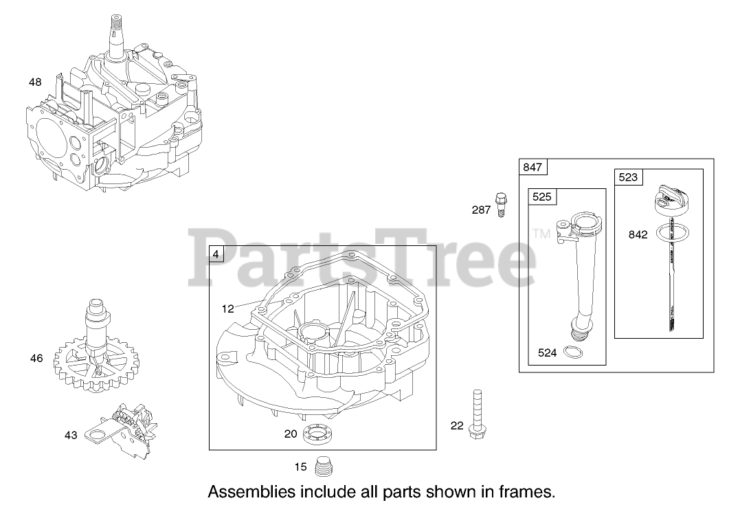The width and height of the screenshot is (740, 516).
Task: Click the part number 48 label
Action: click(x=35, y=82)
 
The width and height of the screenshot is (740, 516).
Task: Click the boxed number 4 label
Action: click(x=216, y=254)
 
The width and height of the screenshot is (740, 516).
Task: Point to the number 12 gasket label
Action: click(x=228, y=309)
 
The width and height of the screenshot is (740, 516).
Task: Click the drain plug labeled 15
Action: click(x=322, y=467)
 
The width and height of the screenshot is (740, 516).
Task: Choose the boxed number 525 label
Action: click(x=541, y=197)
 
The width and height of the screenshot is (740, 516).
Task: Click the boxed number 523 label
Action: click(x=628, y=177)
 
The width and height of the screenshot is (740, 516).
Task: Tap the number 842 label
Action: click(x=638, y=234)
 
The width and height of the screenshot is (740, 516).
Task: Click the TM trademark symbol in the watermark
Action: click(x=541, y=234)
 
